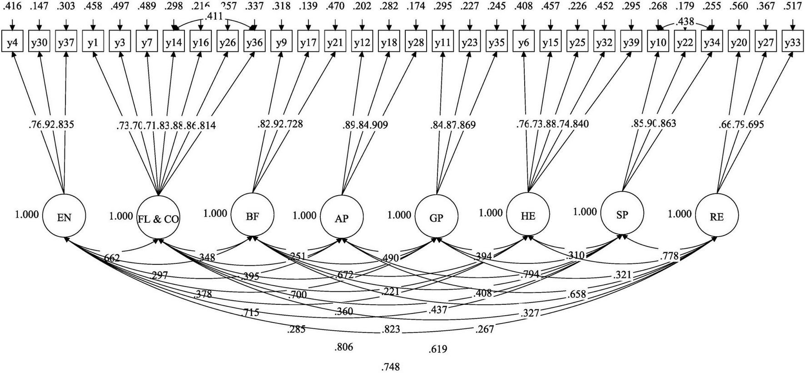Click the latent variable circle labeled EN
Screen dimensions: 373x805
click(64, 217)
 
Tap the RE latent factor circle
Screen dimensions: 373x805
click(716, 216)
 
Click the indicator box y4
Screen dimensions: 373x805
click(12, 43)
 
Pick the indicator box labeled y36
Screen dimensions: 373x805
click(254, 43)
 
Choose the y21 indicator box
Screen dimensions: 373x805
click(335, 43)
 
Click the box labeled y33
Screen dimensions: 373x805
click(792, 43)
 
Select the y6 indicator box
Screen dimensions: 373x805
click(524, 43)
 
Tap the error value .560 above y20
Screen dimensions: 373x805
click(739, 7)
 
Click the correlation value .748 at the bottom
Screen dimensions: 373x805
click(391, 367)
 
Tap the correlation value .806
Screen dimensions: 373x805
click(343, 347)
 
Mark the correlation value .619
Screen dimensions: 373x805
click(437, 349)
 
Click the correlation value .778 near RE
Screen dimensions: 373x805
click(669, 257)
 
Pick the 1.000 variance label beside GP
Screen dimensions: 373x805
click(399, 214)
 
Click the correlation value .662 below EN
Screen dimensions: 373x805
click(111, 259)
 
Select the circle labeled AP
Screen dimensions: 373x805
click(342, 217)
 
